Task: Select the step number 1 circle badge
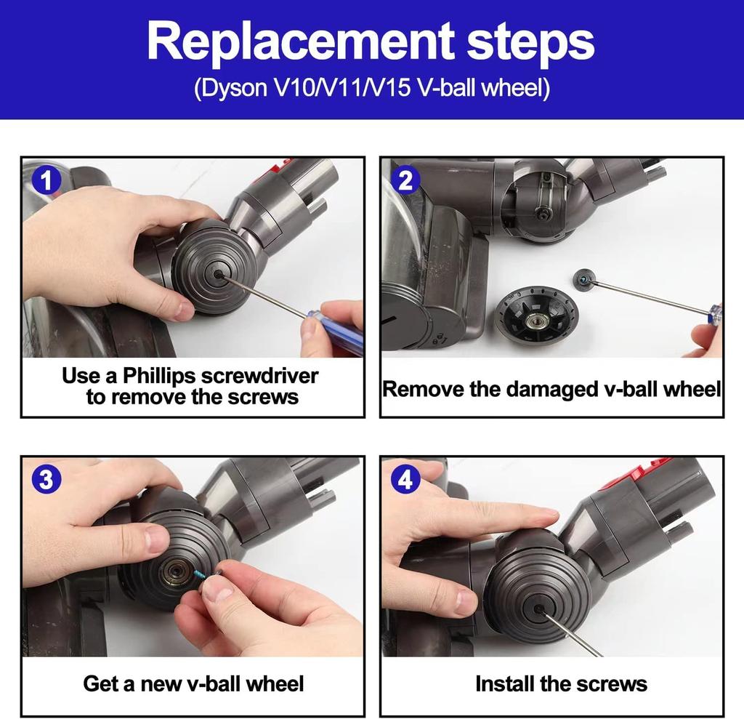(x=48, y=180)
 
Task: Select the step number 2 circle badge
(x=405, y=180)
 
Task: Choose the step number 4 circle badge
(x=405, y=479)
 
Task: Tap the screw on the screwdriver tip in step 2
(x=583, y=277)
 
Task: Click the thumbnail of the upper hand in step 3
(x=155, y=539)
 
